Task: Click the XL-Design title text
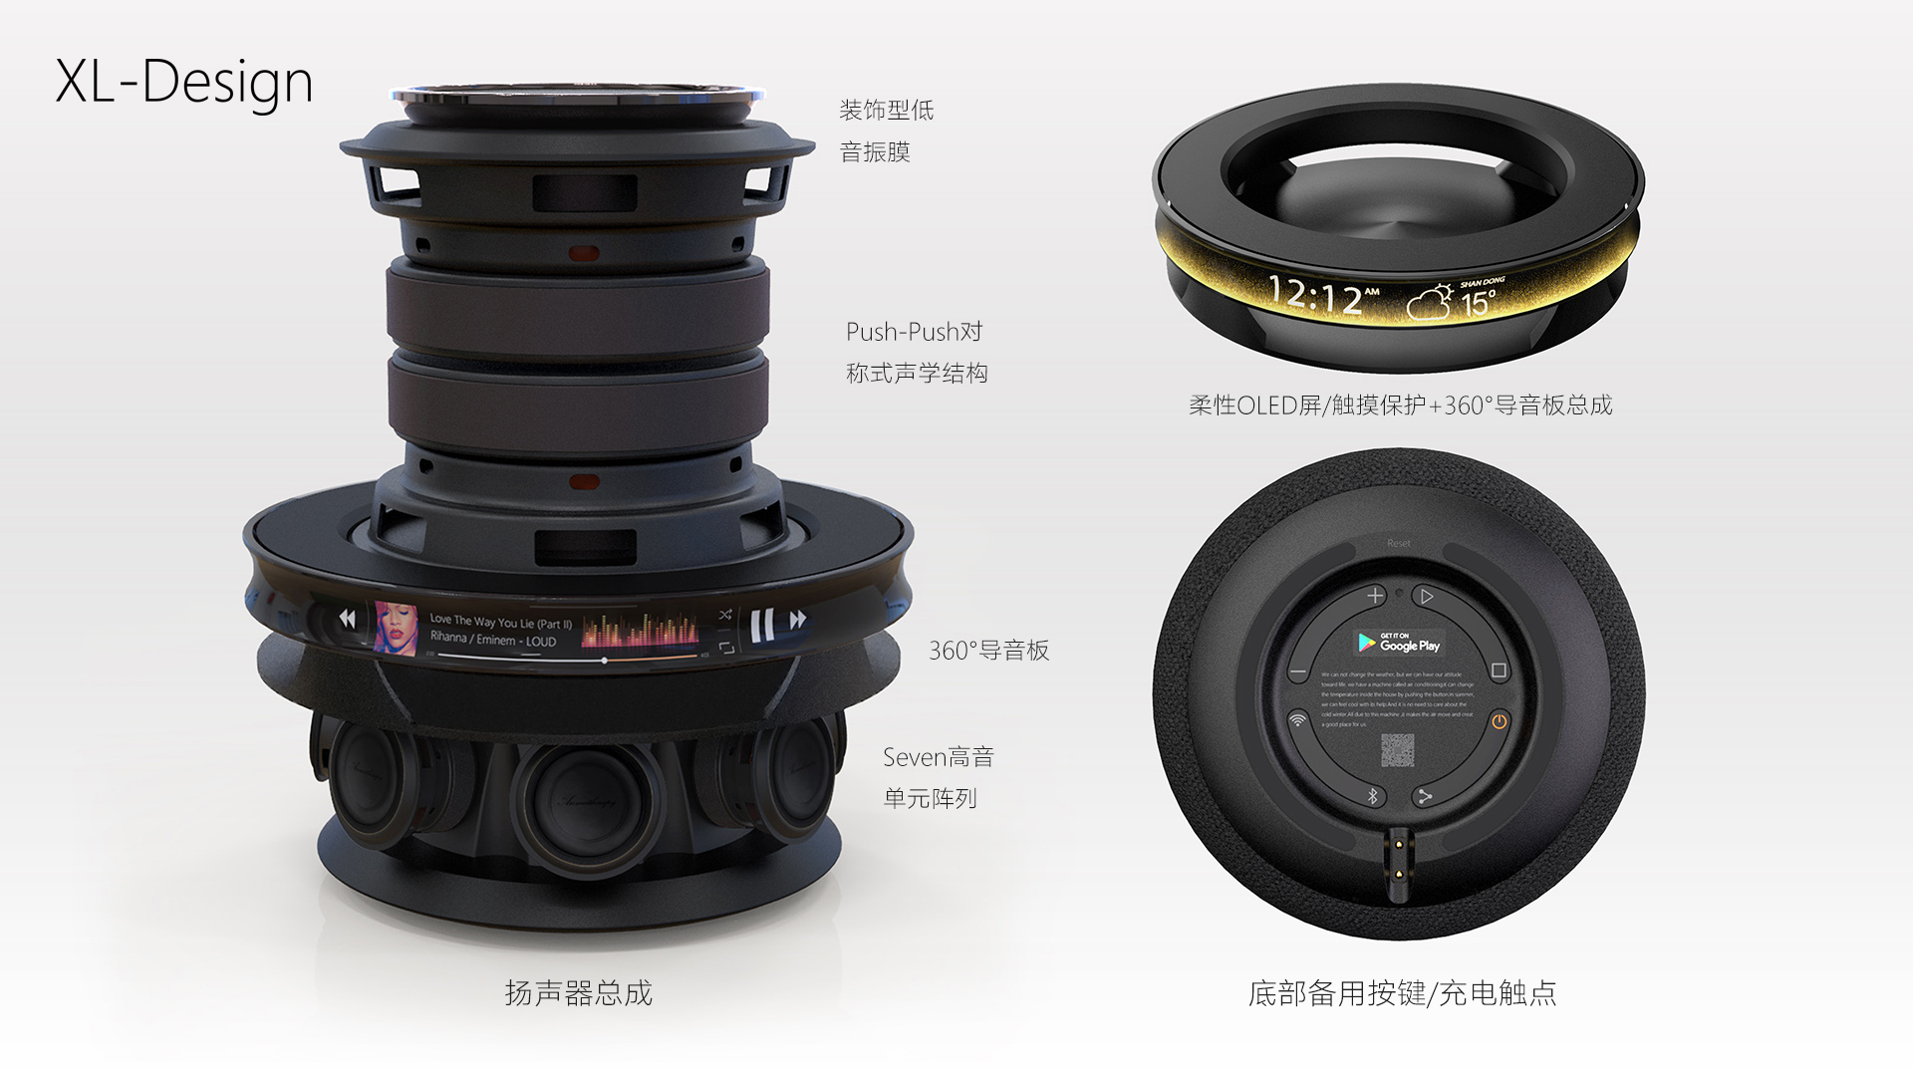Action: click(184, 82)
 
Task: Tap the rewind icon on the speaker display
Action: click(347, 619)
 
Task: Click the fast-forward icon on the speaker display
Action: click(797, 620)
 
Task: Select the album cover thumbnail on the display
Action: click(395, 628)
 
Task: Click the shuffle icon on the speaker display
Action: click(724, 615)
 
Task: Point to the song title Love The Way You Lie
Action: click(500, 622)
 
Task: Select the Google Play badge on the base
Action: click(1399, 644)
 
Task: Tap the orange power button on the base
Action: click(1499, 721)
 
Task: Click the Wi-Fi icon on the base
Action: click(1297, 720)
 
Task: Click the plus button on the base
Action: click(1375, 596)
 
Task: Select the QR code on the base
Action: click(1398, 750)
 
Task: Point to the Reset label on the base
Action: click(1399, 543)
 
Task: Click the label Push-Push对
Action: click(914, 332)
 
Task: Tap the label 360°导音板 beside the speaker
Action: click(988, 651)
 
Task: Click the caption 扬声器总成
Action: click(578, 993)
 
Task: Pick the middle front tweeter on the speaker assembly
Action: click(578, 797)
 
